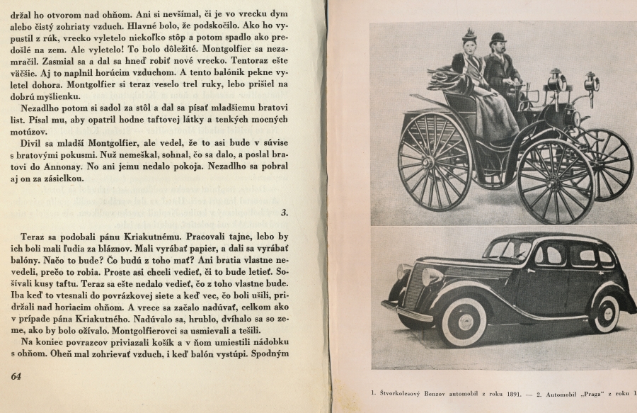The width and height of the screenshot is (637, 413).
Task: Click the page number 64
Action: pyautogui.click(x=16, y=376)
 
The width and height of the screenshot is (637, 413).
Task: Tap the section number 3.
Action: pyautogui.click(x=285, y=212)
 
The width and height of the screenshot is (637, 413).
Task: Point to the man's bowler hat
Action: pyautogui.click(x=498, y=38)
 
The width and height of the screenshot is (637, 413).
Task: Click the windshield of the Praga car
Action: pyautogui.click(x=509, y=250)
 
